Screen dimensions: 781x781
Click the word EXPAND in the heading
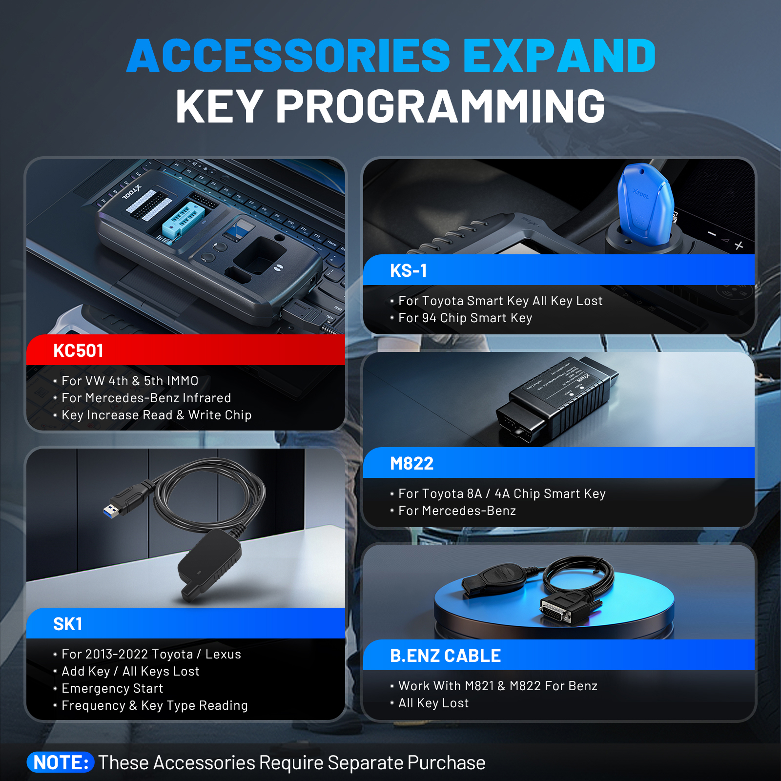pos(559,56)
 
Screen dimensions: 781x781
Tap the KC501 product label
pos(78,350)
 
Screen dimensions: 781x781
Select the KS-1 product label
pos(409,270)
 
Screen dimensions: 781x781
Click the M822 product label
pos(411,463)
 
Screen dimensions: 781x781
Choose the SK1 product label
pos(67,624)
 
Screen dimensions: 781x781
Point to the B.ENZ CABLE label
pos(445,656)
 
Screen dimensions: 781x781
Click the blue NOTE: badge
pos(61,762)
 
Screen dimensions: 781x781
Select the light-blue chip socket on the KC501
pos(183,220)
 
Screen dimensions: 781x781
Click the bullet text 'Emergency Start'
pos(112,688)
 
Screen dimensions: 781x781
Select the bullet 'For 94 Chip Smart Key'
pos(465,318)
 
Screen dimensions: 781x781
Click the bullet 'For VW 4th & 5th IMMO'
pos(130,381)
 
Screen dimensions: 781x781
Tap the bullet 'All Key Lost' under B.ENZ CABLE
pos(433,703)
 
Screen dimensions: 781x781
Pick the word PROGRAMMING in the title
pos(441,106)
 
